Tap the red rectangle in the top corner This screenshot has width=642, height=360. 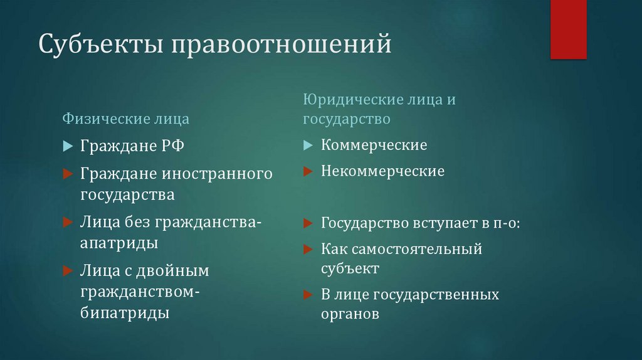[x=568, y=29]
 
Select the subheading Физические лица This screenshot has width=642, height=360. [x=125, y=118]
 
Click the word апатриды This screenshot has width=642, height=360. [x=118, y=243]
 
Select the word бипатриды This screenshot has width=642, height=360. [x=125, y=312]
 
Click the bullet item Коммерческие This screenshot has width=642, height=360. [x=374, y=146]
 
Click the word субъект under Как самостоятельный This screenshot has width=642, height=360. [x=350, y=268]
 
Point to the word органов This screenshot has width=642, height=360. [x=350, y=314]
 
